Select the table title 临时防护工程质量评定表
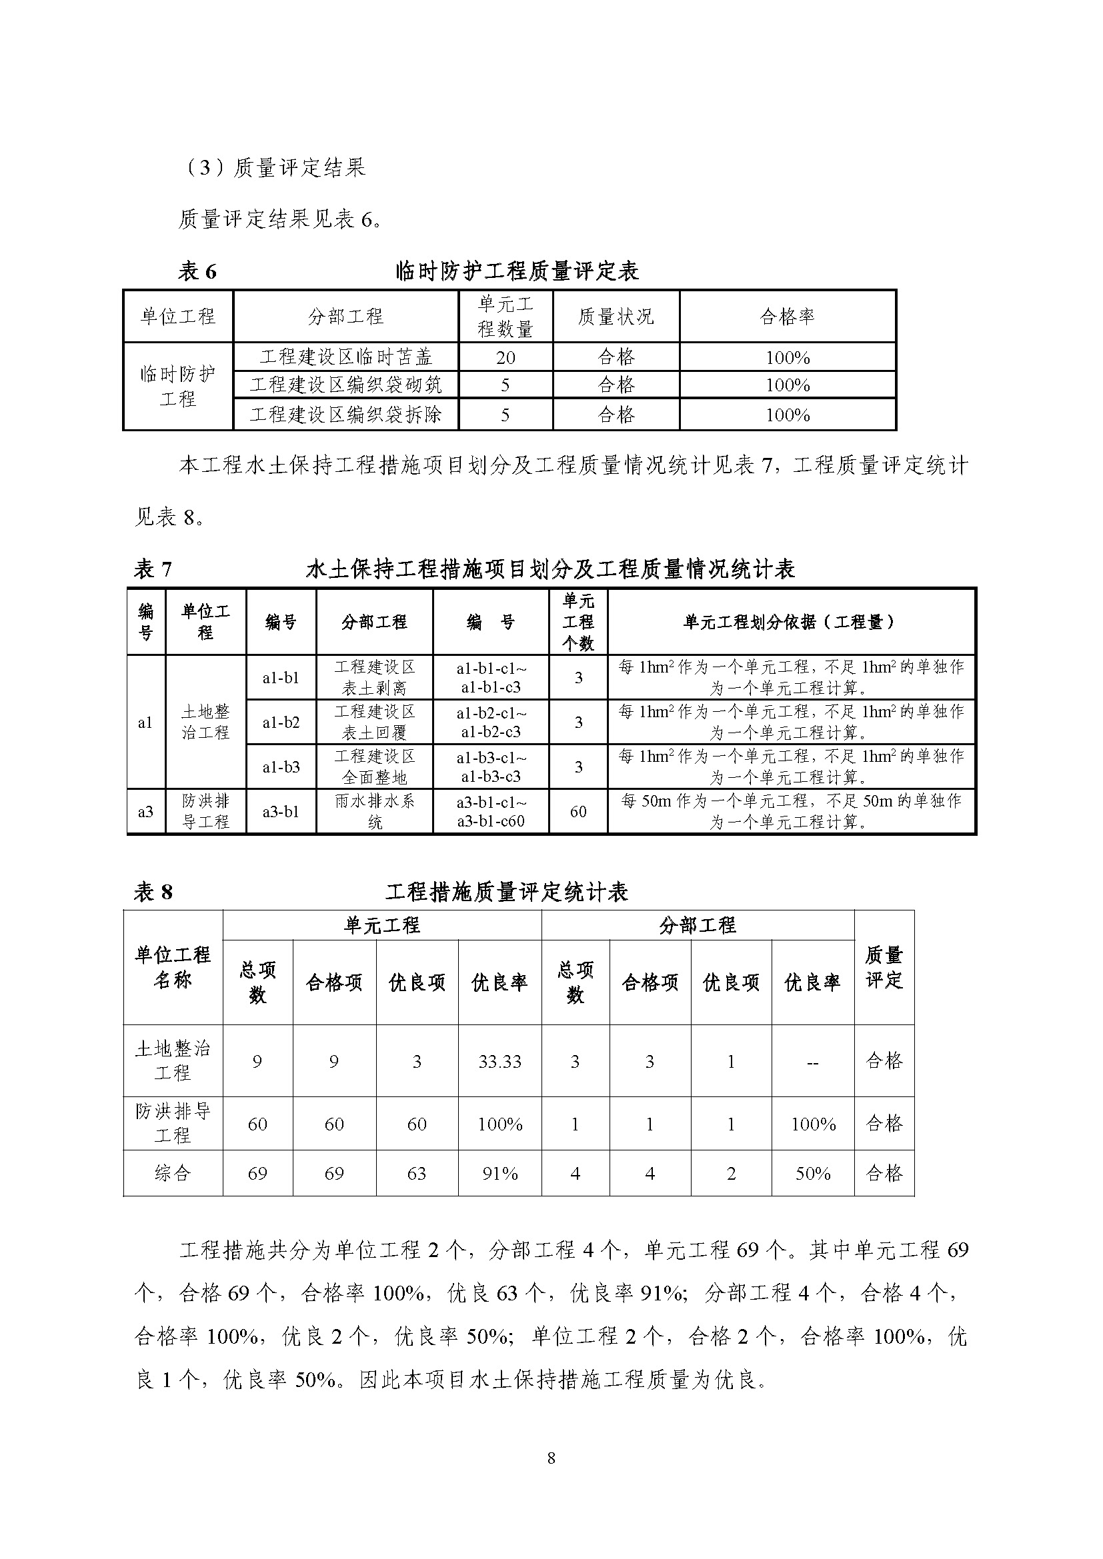[517, 271]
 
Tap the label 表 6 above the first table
[197, 271]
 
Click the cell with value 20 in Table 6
[505, 357]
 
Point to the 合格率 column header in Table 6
[787, 317]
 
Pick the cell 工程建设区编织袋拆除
[345, 414]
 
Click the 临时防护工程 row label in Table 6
[178, 386]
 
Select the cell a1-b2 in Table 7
[281, 723]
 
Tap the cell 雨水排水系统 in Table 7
[374, 811]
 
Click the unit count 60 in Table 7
[578, 811]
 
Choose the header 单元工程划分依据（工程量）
[791, 622]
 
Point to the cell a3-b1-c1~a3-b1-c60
[491, 811]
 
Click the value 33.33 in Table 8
[500, 1062]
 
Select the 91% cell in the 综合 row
[500, 1173]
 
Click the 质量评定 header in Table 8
[884, 967]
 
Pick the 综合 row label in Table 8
[173, 1172]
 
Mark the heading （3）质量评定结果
[274, 167]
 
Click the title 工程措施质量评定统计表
[507, 892]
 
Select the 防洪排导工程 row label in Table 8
[173, 1123]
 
